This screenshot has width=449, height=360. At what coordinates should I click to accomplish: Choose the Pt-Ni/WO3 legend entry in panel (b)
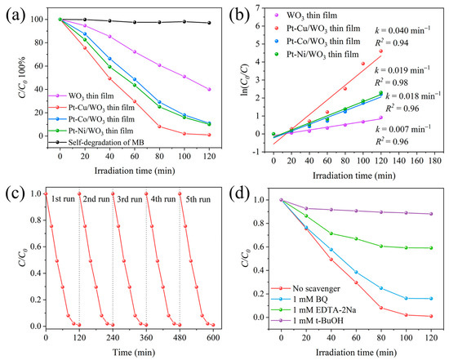point(329,54)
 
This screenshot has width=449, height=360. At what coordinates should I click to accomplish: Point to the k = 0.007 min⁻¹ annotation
point(402,128)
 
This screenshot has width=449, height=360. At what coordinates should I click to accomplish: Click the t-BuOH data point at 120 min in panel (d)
point(430,214)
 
